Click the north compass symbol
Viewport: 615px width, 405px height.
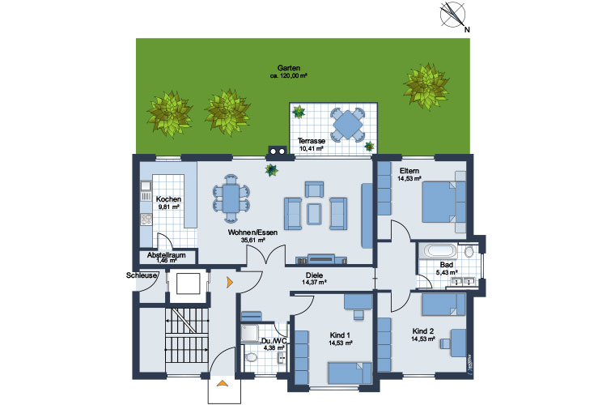coord(452,15)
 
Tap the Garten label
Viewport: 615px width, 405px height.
coord(289,68)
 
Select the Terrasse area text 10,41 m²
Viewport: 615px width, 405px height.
coord(312,149)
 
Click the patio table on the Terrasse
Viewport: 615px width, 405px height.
coord(347,125)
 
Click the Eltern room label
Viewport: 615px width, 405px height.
coord(409,171)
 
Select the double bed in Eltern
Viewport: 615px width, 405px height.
coord(443,202)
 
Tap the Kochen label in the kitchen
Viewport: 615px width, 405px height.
coord(168,199)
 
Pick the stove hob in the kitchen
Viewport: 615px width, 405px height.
coord(146,220)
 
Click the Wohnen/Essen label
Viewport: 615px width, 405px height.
coord(253,232)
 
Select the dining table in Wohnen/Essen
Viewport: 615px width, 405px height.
coord(231,199)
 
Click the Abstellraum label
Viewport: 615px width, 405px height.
coord(167,255)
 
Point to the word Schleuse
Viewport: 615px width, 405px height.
coord(141,275)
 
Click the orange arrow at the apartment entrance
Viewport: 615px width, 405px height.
coord(230,282)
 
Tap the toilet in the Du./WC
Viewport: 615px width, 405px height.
coord(250,357)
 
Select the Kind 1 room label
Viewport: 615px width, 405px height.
coord(340,335)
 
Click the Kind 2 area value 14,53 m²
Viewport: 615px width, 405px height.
coord(422,339)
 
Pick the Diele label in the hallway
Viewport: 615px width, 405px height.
coord(314,275)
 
